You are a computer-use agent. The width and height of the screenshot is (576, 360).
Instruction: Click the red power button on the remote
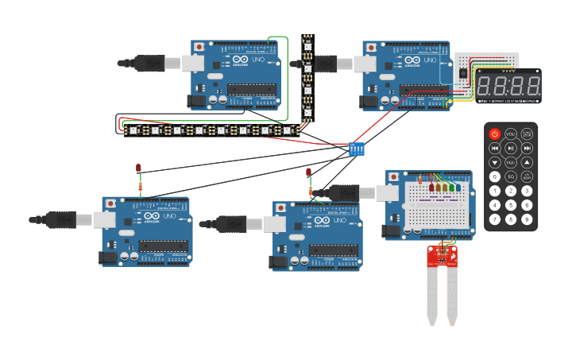coord(495,134)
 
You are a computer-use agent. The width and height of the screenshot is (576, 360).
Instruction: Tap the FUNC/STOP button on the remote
coord(527,134)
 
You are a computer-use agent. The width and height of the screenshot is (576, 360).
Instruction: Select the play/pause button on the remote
coord(511,148)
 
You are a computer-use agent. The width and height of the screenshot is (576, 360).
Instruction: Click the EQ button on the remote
coord(511,176)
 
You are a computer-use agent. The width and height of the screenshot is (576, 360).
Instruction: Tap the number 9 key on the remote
coord(527,219)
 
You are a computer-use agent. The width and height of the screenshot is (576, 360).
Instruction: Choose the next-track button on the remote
coord(527,148)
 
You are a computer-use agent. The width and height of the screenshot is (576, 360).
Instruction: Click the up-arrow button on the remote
coord(527,162)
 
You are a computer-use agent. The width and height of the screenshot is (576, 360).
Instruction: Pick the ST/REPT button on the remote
coord(527,176)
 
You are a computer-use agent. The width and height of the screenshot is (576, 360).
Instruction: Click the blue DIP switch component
coord(357,149)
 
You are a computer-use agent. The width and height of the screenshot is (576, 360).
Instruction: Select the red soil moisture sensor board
coord(442,255)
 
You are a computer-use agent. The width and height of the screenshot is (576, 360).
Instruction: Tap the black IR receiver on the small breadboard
coord(463,73)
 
